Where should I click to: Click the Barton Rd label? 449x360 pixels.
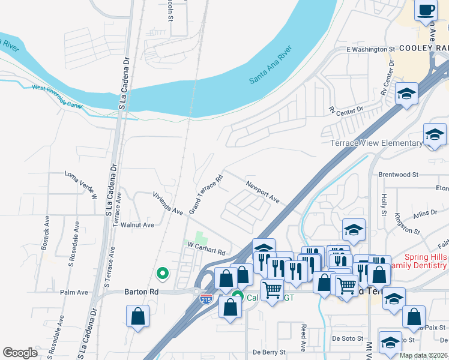point(140,292)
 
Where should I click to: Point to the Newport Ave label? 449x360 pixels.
point(262,189)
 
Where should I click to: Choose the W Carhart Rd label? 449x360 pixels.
point(206,248)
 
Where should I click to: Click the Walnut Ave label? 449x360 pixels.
point(137,225)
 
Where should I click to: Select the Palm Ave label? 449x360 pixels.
point(74,292)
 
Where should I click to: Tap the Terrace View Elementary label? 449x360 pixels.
point(376,143)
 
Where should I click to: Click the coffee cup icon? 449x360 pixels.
point(426,11)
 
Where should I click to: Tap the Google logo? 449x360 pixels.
point(20,352)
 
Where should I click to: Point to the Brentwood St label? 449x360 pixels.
point(398,175)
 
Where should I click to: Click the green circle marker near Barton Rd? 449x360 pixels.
point(161,274)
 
